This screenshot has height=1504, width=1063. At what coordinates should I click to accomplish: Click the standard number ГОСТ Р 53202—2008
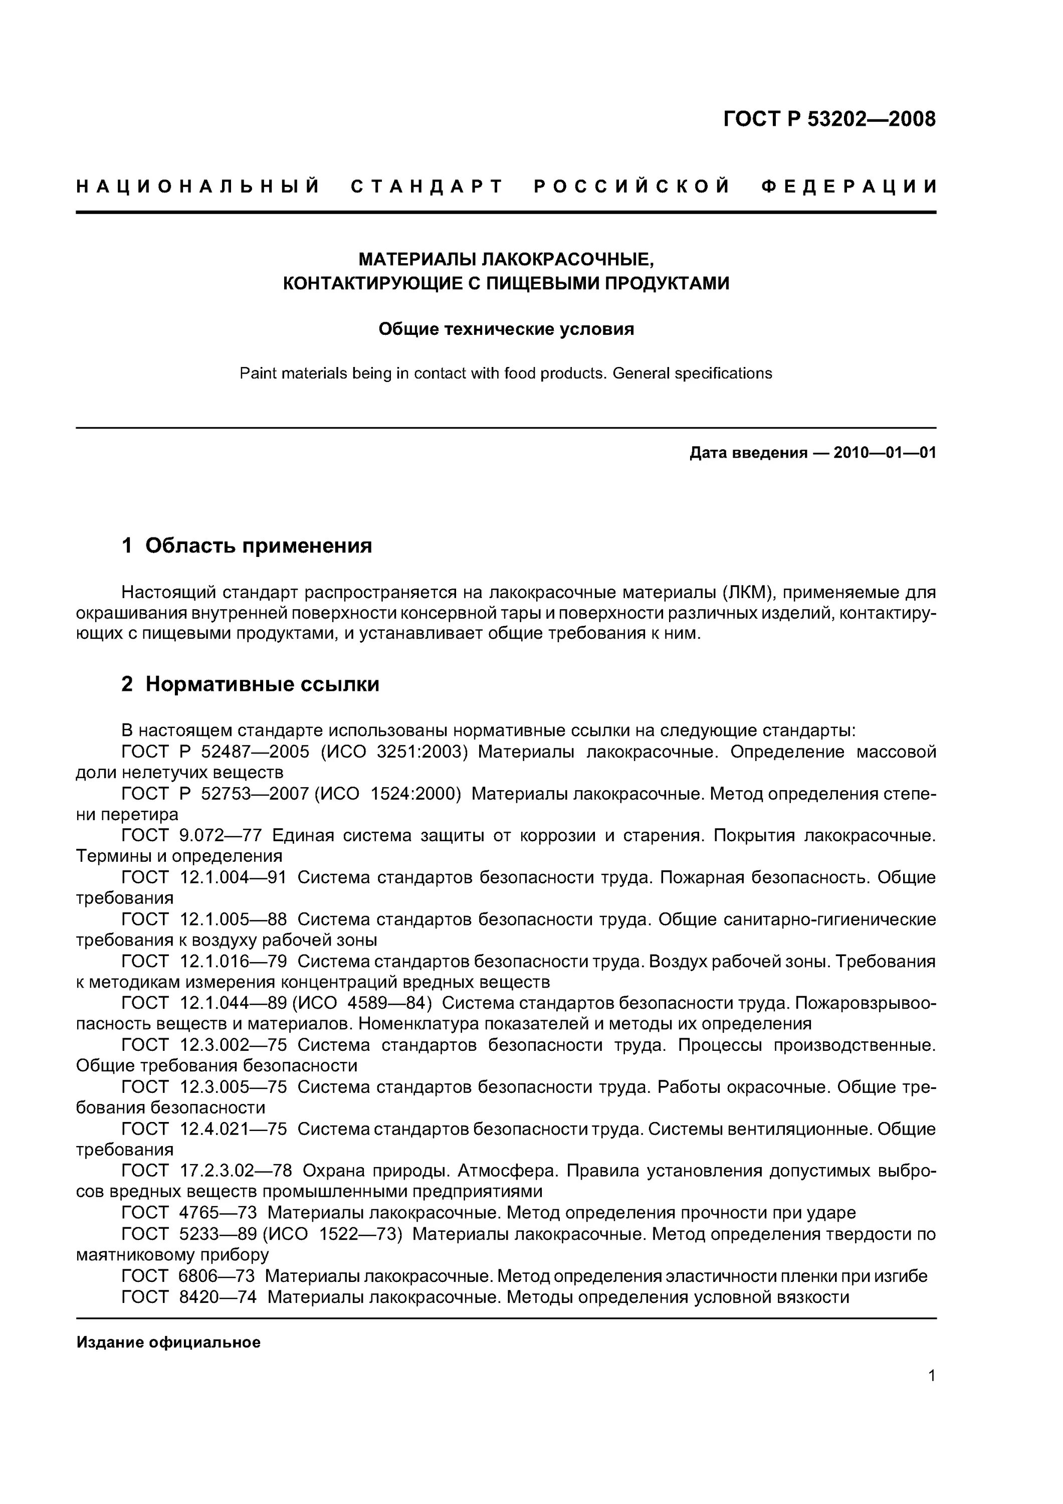829,119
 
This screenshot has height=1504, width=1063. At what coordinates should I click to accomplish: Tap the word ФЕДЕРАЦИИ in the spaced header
849,187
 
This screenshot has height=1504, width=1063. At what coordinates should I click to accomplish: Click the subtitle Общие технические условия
506,329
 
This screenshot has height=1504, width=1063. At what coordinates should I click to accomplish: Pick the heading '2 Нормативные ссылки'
250,684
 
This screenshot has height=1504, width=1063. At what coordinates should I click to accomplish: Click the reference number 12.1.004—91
233,878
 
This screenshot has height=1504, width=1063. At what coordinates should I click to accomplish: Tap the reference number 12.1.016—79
233,962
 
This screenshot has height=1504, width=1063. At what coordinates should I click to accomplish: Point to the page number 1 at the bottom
931,1393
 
